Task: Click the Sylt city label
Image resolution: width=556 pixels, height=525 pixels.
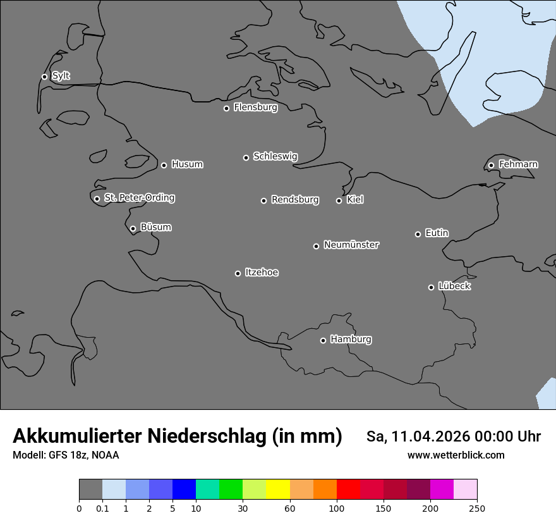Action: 61,76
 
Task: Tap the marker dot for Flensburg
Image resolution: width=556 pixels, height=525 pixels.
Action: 226,108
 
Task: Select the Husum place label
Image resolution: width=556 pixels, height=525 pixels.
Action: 187,164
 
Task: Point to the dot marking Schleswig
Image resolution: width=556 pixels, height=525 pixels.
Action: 246,157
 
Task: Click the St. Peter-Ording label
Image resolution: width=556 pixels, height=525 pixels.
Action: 139,198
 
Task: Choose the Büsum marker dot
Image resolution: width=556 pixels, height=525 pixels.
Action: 133,229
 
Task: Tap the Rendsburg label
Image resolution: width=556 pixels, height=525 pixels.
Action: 295,200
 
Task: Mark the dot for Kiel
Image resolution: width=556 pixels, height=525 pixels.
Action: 339,201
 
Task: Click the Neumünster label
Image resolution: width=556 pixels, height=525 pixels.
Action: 351,245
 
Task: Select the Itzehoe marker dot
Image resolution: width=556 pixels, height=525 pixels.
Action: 238,273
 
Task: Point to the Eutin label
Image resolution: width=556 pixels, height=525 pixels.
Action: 437,233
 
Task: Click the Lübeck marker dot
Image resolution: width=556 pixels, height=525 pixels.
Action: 431,287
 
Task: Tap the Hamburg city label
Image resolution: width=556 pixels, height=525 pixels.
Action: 351,340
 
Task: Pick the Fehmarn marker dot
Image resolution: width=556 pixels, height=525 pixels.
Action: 491,165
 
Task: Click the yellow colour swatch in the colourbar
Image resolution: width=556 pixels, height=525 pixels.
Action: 278,490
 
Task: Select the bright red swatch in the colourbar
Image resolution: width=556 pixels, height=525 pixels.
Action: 348,490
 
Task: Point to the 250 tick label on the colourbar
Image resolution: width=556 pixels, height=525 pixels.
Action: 477,508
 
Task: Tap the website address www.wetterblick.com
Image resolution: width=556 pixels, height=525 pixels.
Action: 456,455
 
